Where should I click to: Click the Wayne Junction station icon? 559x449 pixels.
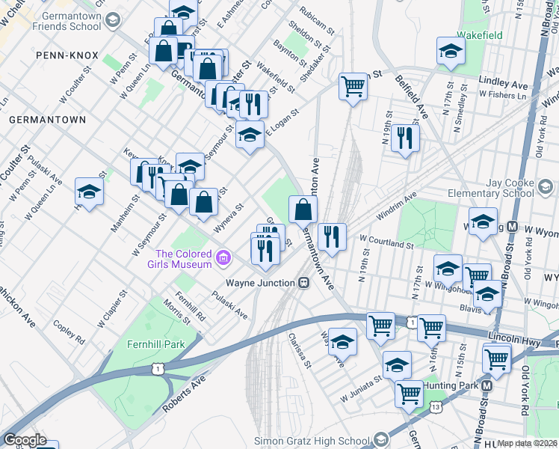(304, 283)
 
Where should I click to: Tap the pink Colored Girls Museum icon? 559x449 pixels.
(221, 259)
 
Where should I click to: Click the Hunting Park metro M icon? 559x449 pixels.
(487, 385)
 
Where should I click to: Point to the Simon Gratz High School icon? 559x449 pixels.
(382, 439)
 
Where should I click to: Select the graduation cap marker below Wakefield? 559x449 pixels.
(451, 51)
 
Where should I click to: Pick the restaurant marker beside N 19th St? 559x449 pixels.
(405, 138)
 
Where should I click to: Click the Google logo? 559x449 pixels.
(25, 440)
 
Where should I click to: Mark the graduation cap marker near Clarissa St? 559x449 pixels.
(342, 342)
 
